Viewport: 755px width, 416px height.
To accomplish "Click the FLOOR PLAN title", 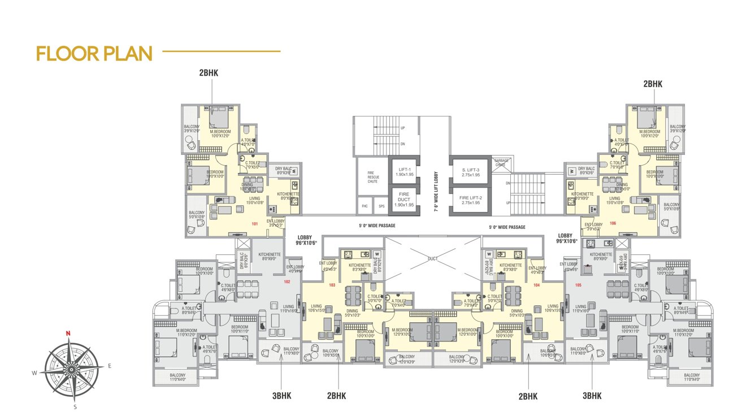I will click(94, 54).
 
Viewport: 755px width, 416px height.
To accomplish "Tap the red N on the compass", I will click(68, 333).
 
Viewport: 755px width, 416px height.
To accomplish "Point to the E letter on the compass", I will click(110, 366).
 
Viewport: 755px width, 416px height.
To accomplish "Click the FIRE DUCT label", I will click(405, 200).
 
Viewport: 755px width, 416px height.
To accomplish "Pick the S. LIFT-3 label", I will click(470, 172).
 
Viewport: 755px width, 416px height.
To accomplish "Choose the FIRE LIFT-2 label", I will click(470, 200).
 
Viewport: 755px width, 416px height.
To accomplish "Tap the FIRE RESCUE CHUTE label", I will click(372, 178).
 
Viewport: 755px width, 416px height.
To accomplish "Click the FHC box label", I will click(365, 206).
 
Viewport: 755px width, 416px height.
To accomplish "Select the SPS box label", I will click(381, 206).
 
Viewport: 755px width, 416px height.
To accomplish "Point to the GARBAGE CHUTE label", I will click(501, 162).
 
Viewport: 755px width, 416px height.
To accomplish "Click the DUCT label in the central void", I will click(433, 258).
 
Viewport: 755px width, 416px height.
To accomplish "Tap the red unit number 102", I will click(287, 281).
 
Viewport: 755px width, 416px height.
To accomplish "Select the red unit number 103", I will click(332, 285).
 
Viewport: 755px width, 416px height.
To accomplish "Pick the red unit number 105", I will click(578, 285).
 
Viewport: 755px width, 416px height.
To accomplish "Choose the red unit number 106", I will click(613, 223).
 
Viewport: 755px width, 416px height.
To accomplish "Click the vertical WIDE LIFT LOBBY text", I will click(436, 191).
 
